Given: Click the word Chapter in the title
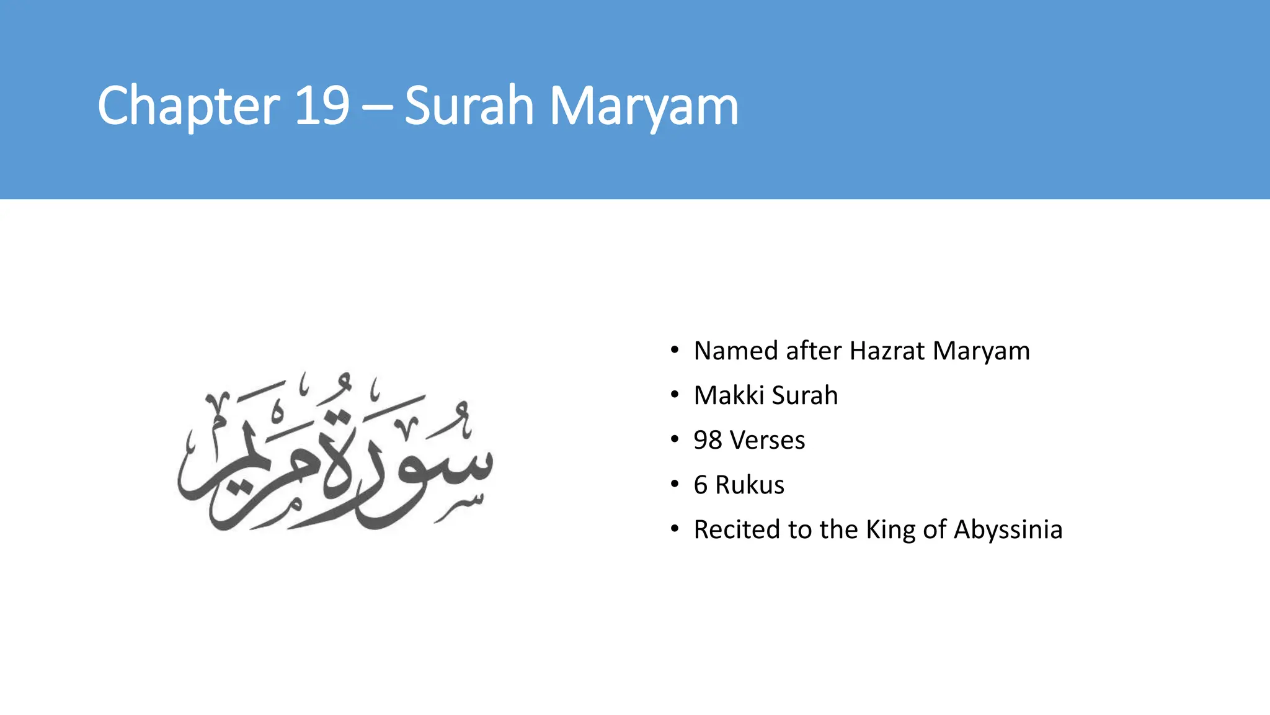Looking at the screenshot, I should click(189, 107).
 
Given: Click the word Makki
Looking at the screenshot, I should click(727, 395).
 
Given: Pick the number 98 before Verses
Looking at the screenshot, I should click(708, 440).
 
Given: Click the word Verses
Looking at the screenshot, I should click(768, 440).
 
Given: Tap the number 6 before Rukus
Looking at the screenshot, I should click(701, 485).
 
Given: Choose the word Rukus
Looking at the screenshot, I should click(750, 485).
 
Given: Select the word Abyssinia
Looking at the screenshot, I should click(1008, 529).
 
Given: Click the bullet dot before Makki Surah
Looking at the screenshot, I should click(675, 395).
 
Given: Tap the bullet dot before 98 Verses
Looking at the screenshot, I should click(675, 440).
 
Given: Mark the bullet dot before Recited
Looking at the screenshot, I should click(675, 529).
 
